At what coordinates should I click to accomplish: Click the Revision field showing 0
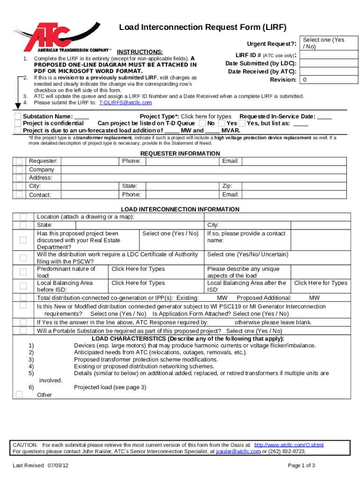pos(324,80)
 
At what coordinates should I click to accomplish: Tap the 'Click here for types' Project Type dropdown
pos(206,116)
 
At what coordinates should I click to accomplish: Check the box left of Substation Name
pos(18,116)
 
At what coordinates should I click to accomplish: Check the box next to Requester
pos(19,161)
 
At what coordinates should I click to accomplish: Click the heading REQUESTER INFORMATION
pos(180,153)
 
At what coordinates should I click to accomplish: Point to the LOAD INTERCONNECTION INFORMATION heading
pos(180,210)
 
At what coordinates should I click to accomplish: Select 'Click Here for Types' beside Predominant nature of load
pos(138,269)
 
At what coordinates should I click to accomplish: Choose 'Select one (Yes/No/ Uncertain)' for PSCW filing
pos(248,254)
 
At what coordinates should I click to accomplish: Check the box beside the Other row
pos(19,394)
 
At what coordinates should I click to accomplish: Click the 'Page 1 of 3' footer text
pos(302,465)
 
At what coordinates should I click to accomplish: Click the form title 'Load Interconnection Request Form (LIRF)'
pos(202,27)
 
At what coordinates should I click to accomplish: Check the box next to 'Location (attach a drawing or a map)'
pos(23,217)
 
